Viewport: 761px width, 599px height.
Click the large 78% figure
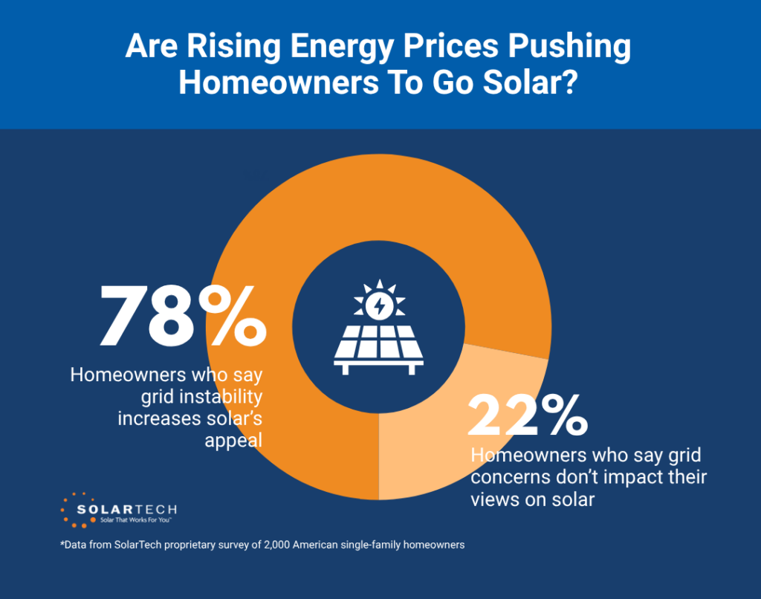[182, 318]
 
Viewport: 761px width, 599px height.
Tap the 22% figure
[527, 415]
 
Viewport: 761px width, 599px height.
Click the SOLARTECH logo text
[127, 510]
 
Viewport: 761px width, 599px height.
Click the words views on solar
[533, 499]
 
